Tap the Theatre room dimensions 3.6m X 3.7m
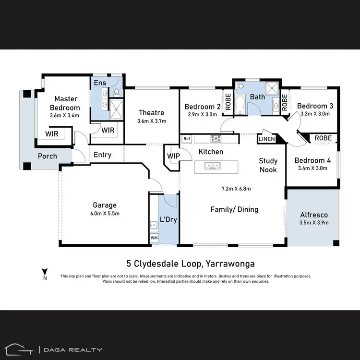[x=152, y=121]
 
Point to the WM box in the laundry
[x=154, y=238]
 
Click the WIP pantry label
[x=173, y=156]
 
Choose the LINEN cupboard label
[x=266, y=139]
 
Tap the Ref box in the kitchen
[x=187, y=139]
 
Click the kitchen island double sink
[x=211, y=166]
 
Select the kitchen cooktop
[x=216, y=139]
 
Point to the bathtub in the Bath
[x=240, y=104]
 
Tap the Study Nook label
[x=268, y=165]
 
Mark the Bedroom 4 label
[x=311, y=160]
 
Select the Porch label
[x=47, y=156]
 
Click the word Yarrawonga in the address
[x=230, y=263]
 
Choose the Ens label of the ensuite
[x=100, y=83]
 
